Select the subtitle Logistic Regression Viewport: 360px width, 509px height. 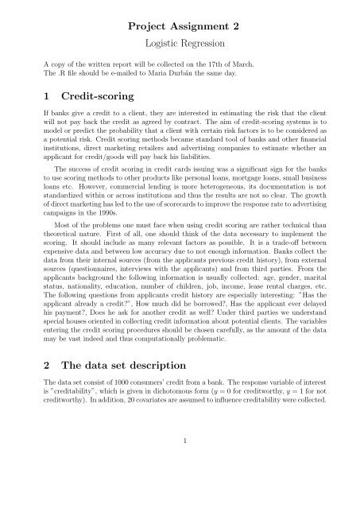pos(180,48)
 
